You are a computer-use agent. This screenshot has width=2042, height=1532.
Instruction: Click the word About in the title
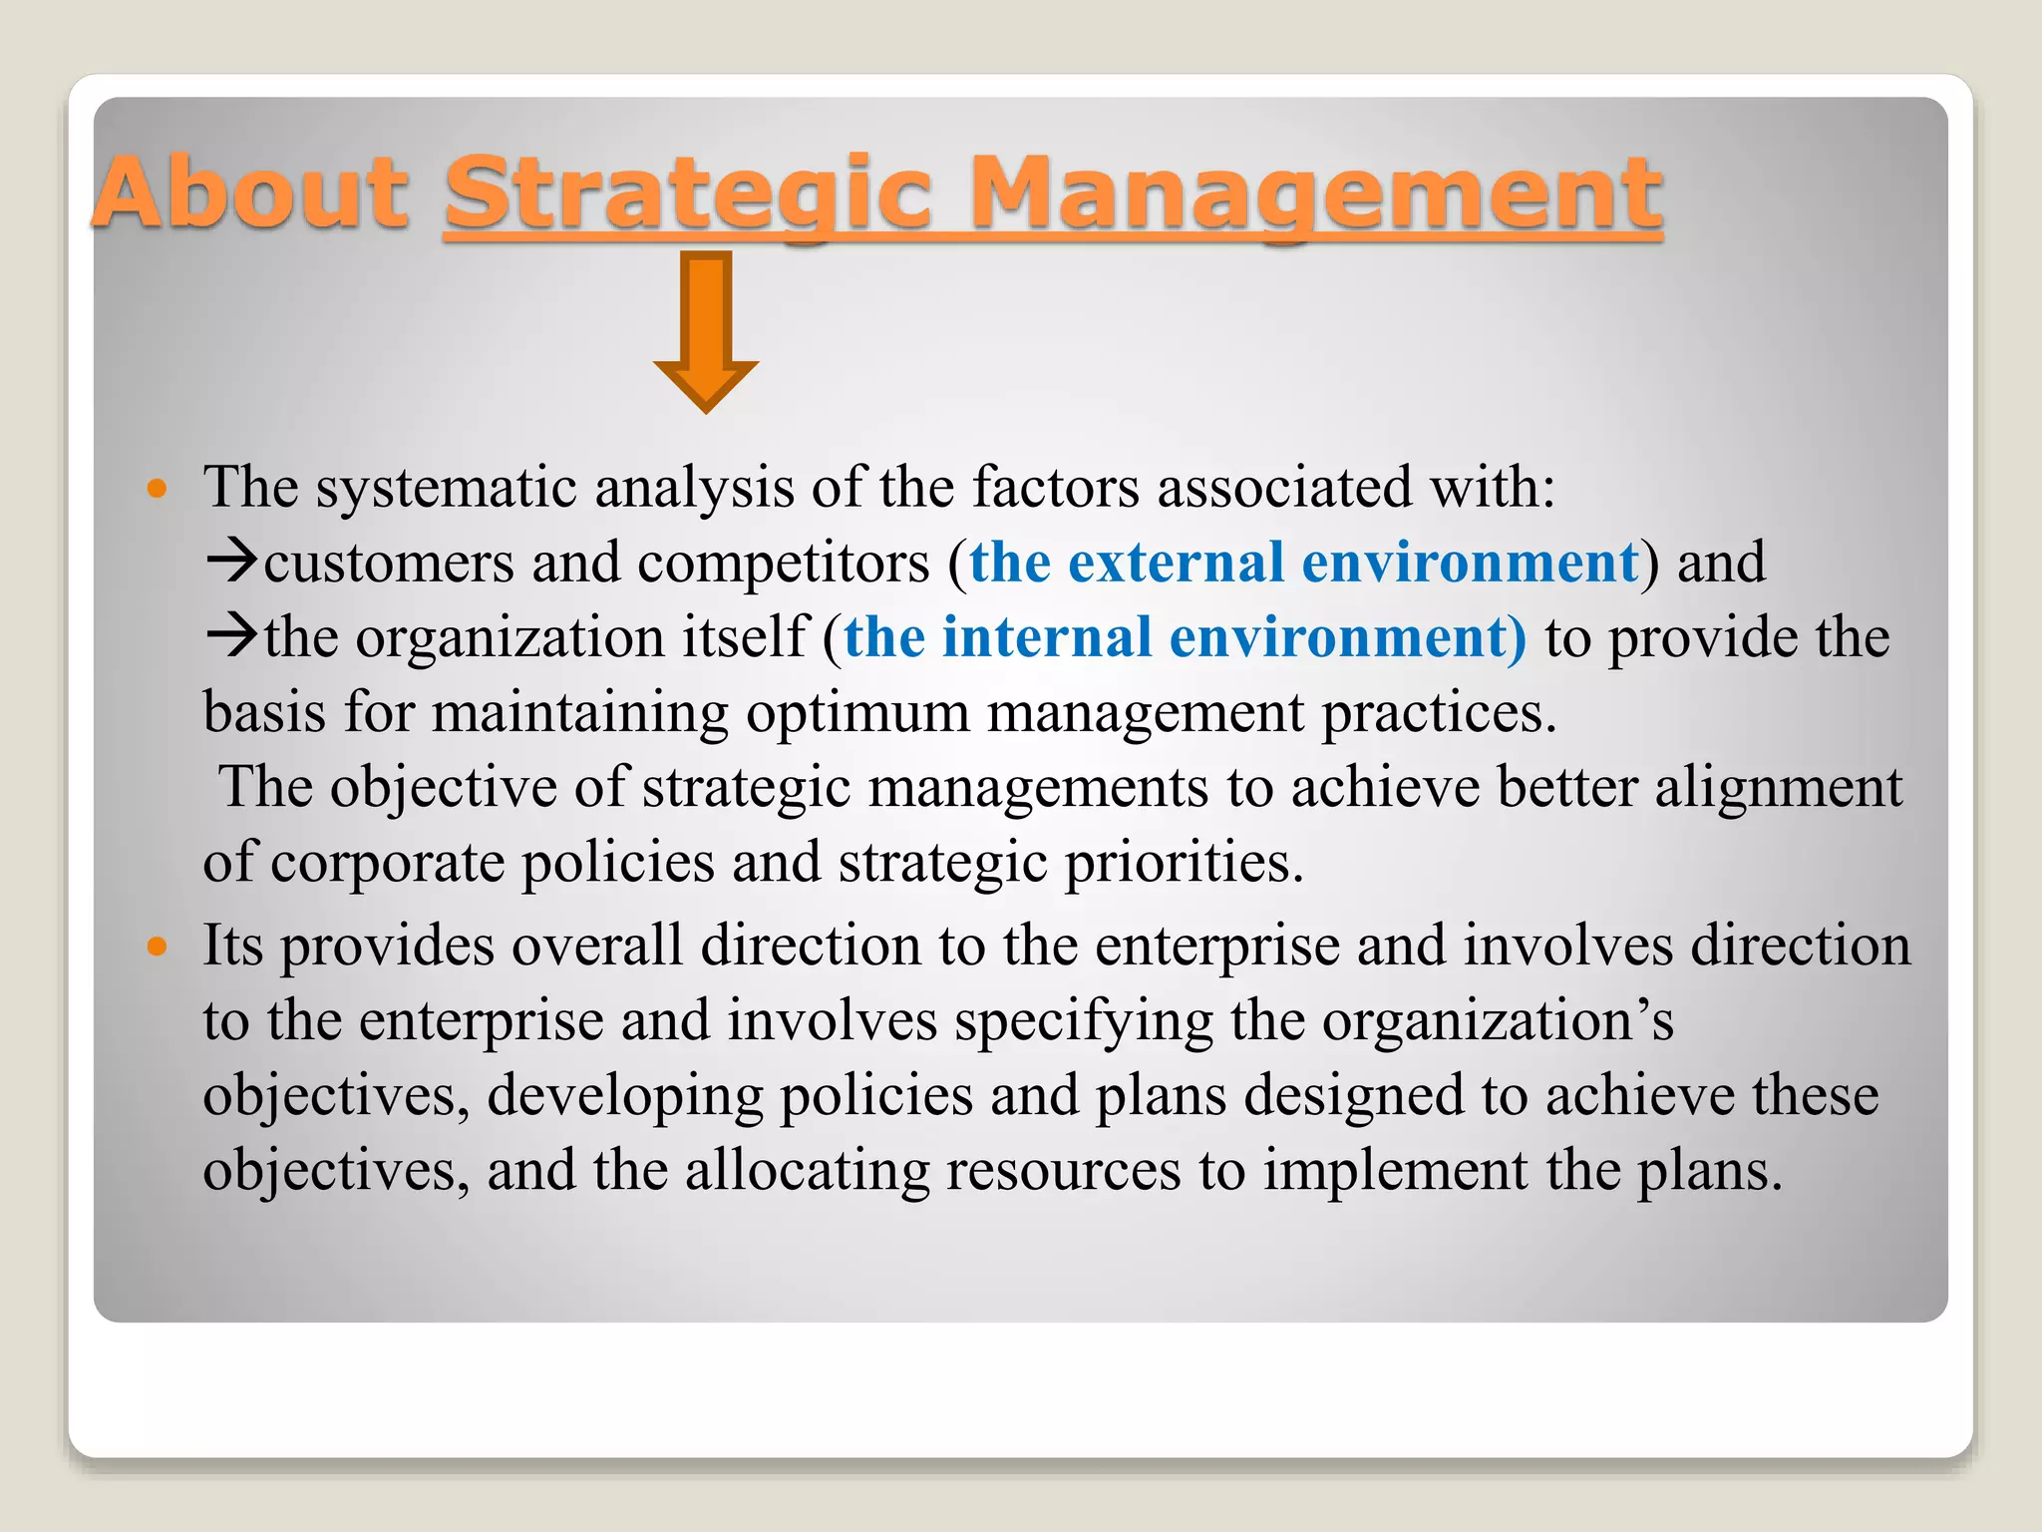tap(249, 191)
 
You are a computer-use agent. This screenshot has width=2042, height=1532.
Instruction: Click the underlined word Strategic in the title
tap(688, 191)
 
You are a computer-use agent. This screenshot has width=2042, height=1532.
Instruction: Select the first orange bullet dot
tap(157, 489)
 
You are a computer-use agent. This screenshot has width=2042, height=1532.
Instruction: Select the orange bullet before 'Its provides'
tap(157, 946)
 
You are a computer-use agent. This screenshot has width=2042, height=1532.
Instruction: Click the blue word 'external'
tap(1176, 563)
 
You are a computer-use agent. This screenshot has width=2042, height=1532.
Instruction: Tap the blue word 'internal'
tap(1047, 637)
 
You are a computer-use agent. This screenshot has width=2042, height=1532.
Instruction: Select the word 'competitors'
tap(783, 564)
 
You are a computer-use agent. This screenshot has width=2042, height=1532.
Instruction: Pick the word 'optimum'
tap(857, 713)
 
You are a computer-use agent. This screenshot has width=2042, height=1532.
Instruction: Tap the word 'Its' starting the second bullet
tap(232, 946)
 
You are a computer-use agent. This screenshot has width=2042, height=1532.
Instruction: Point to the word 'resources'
tap(1063, 1171)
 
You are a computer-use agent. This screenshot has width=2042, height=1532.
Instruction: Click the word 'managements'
tap(1038, 788)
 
